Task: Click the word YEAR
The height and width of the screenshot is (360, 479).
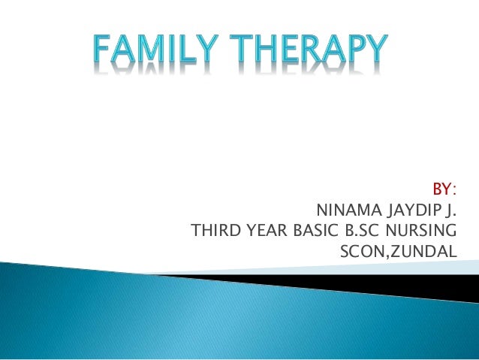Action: (x=263, y=229)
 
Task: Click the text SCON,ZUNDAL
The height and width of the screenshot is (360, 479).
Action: (x=398, y=250)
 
